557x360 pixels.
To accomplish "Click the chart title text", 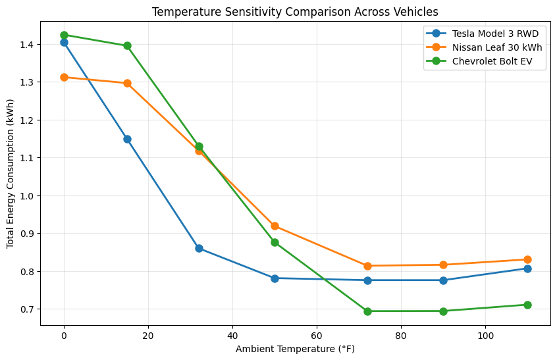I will pos(295,12).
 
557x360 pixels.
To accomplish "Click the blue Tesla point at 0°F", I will pos(64,42).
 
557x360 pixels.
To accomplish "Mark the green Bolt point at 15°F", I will pos(127,46).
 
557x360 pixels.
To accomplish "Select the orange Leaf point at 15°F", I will pos(127,84).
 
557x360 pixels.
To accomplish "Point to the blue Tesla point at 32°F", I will pos(199,248).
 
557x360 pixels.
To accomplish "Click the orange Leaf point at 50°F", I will pos(275,226).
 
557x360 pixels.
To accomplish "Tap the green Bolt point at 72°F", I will pos(367,311).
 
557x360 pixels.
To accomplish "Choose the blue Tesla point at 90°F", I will pos(443,280).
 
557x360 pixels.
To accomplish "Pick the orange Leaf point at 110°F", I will pos(527,259).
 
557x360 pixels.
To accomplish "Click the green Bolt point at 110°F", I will pos(527,305).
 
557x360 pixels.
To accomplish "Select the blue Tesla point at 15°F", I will pos(127,139).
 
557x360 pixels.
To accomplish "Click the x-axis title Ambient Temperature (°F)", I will pos(295,349).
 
